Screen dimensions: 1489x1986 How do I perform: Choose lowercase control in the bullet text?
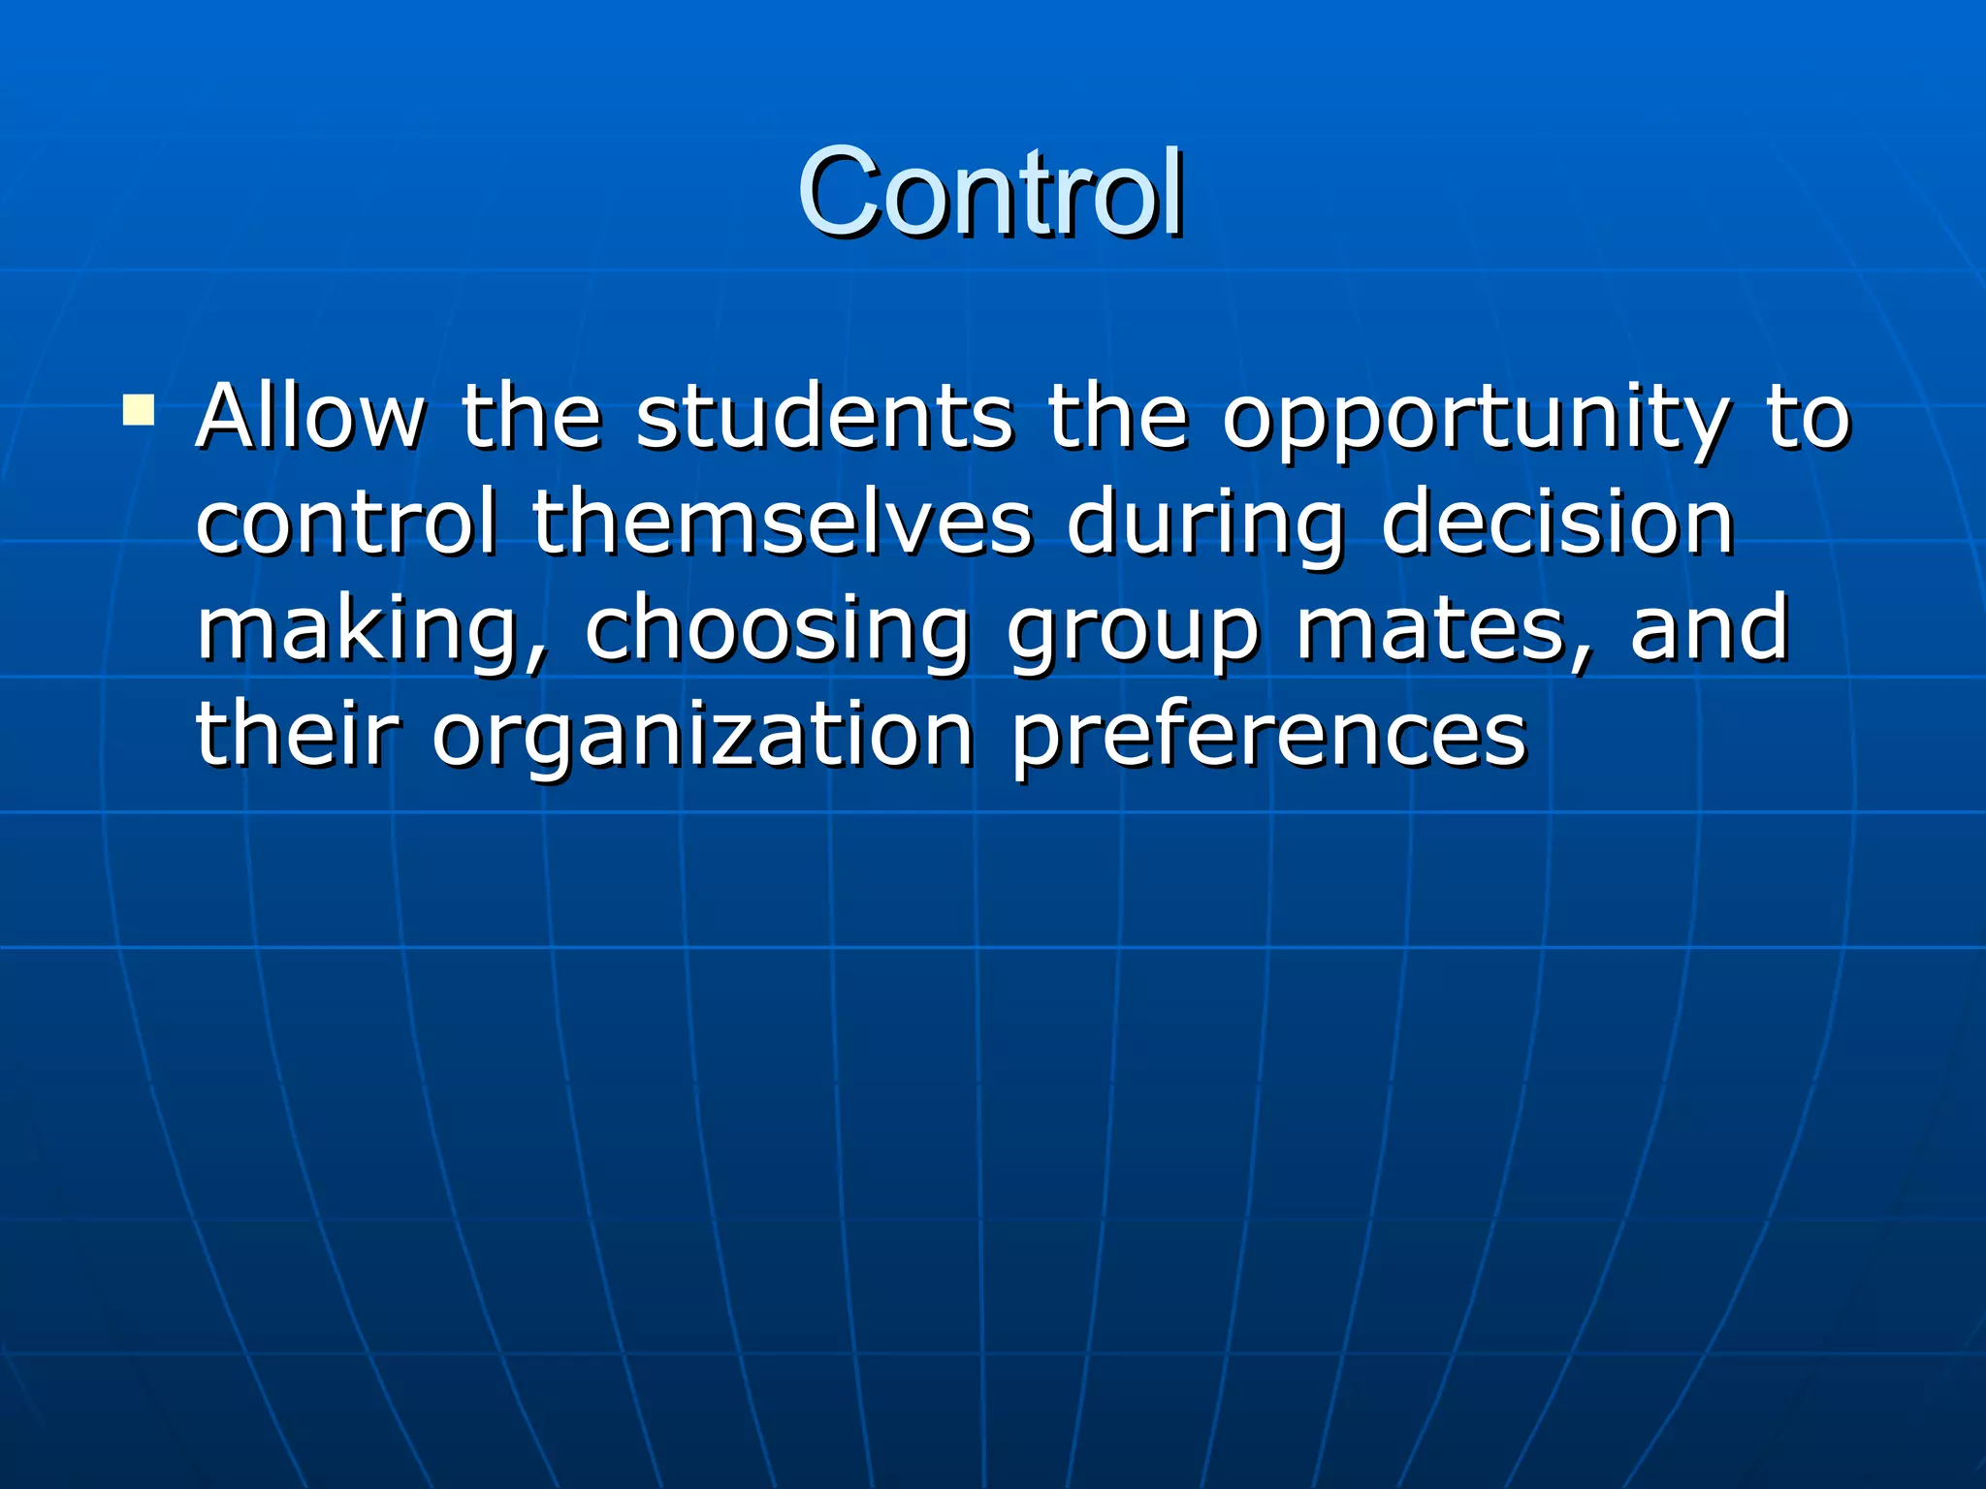(x=347, y=523)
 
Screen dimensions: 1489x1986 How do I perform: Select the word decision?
(x=1557, y=523)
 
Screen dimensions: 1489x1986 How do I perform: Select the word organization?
(x=703, y=737)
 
